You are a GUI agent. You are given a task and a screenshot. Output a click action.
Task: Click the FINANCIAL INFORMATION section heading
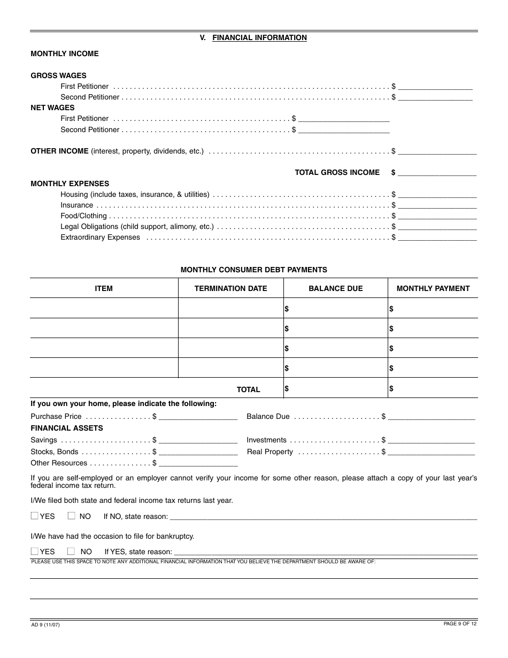point(259,37)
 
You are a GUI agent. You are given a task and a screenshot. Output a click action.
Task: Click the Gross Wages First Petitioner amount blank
point(435,86)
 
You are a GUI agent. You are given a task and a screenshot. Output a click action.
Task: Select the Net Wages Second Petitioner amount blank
point(344,129)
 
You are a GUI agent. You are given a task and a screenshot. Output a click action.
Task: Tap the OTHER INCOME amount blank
point(437,151)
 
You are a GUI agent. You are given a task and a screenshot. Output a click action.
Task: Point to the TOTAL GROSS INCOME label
point(337,172)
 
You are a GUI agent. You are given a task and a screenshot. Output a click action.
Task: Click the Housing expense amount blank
point(437,195)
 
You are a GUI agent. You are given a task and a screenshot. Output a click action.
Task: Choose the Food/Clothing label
point(83,216)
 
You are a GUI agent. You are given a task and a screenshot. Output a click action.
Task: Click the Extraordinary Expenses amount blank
point(437,238)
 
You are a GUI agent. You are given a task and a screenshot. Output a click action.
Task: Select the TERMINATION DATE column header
point(230,288)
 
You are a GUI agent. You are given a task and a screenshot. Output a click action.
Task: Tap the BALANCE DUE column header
point(335,288)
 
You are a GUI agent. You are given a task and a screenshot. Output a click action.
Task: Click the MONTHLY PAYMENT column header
point(433,288)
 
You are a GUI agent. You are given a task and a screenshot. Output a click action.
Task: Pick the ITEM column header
point(104,288)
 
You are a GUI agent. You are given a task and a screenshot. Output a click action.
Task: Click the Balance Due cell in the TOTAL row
point(335,389)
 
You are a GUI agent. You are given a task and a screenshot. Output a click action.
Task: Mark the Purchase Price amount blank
point(198,417)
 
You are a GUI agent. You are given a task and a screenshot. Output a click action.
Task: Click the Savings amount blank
point(198,440)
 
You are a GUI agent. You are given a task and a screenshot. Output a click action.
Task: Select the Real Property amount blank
point(431,452)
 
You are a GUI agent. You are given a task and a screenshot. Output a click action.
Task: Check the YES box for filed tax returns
point(35,516)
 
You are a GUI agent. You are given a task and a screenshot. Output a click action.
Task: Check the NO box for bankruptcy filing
point(71,551)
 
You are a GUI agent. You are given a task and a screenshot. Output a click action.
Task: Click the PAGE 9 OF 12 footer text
point(460,624)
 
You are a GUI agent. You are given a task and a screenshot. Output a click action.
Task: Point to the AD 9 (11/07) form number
point(45,624)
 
